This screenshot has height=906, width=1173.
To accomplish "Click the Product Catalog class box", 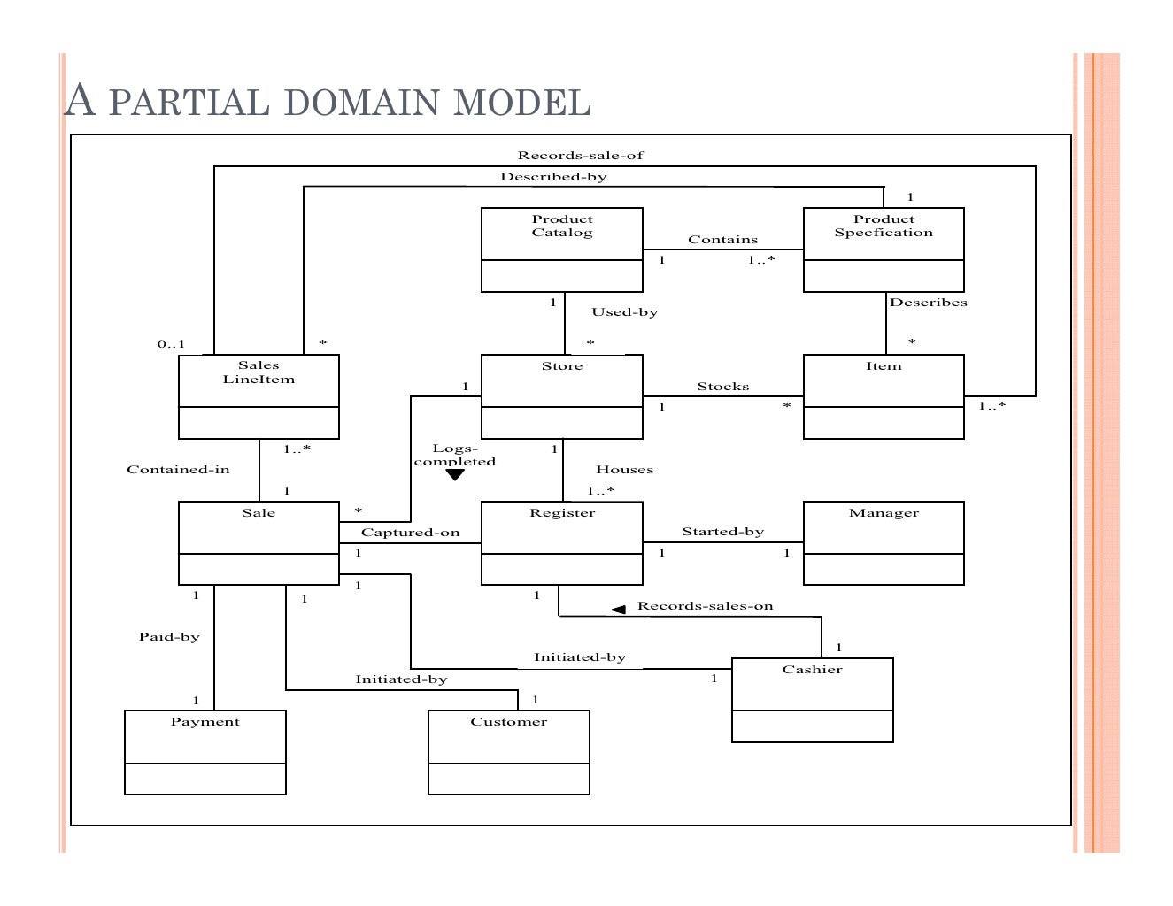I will (561, 250).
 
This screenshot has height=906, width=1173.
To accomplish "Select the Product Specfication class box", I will (883, 250).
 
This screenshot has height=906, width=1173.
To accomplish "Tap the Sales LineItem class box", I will (259, 396).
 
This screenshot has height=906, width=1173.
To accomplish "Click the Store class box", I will (561, 396).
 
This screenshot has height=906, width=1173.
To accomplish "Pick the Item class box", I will (883, 396).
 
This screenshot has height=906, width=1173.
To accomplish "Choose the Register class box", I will (561, 542).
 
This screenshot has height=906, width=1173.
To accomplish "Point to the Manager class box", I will (883, 542).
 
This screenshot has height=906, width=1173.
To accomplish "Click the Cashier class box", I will (812, 699).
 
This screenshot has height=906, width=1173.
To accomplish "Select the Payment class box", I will (205, 751).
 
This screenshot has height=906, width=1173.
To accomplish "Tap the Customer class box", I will (508, 751).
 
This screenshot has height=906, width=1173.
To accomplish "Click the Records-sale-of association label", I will (581, 156).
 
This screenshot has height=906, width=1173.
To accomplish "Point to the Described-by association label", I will (553, 177).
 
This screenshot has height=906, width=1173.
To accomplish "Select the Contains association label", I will (722, 240).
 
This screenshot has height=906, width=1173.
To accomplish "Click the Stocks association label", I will (722, 387).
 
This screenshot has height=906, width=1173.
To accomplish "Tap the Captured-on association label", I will (410, 533).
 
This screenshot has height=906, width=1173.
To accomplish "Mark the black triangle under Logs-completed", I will (455, 475).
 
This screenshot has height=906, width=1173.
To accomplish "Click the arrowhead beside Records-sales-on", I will (619, 609).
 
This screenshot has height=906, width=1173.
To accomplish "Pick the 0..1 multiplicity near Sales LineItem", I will (171, 344).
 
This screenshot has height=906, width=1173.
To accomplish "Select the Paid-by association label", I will (169, 637).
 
